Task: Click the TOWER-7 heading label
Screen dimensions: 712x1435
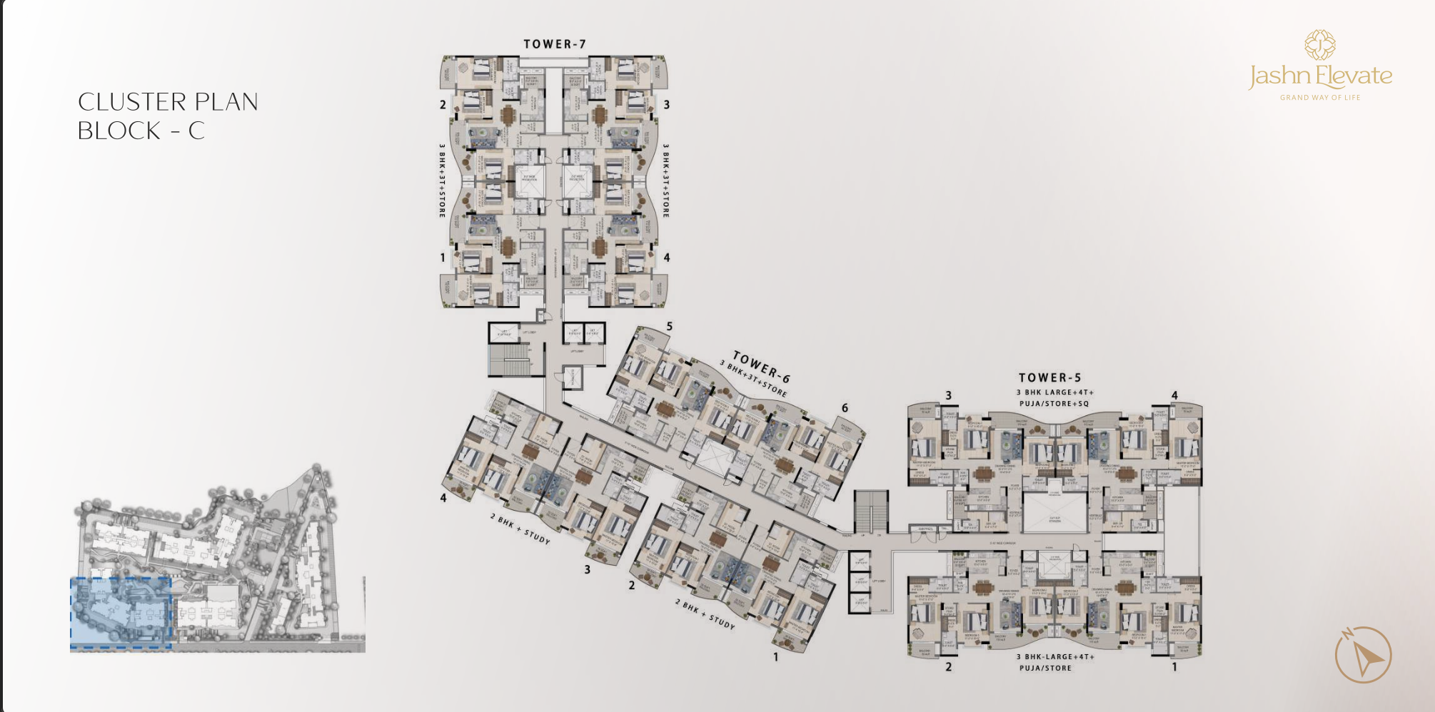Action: (x=555, y=44)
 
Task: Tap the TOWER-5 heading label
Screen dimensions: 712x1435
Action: (x=1049, y=377)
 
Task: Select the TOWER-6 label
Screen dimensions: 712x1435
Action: (x=762, y=367)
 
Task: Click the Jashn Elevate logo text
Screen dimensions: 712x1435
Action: (x=1320, y=76)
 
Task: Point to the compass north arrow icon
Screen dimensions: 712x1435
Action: (x=1364, y=655)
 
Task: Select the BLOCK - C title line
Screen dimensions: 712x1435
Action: (x=141, y=131)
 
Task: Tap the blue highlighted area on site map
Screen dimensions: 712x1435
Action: (x=121, y=613)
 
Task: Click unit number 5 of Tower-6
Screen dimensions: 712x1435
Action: (x=669, y=327)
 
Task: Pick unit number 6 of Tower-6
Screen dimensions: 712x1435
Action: (x=845, y=408)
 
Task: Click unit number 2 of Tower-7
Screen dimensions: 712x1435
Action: (x=443, y=105)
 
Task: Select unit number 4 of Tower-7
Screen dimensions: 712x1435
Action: (x=666, y=258)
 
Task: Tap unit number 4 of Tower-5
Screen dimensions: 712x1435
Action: (x=1174, y=395)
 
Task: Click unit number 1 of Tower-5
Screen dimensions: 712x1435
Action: (x=1174, y=667)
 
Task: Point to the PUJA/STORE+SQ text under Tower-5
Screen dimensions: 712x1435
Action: (x=1054, y=404)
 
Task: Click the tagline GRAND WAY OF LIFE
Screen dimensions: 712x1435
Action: (x=1320, y=98)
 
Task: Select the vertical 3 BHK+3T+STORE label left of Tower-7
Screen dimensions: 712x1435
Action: (x=442, y=180)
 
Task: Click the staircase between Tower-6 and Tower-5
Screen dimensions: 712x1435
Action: (x=871, y=512)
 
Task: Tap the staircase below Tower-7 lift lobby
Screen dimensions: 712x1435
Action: (x=509, y=360)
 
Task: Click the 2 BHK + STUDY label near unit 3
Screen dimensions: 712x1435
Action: (x=520, y=529)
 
